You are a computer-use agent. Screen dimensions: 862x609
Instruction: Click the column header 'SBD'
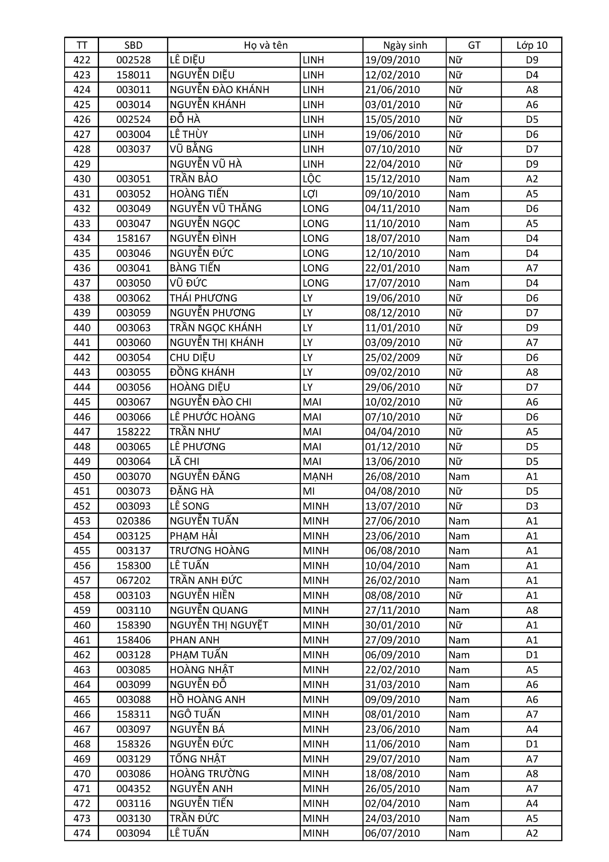coord(133,45)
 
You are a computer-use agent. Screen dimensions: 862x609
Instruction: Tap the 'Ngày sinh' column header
coord(405,45)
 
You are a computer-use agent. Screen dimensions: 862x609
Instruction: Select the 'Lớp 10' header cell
coord(531,45)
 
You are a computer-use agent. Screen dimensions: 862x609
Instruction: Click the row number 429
coord(82,164)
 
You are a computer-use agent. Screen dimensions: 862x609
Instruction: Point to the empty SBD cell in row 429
coord(133,164)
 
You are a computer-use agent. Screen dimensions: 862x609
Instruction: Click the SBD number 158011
coord(134,75)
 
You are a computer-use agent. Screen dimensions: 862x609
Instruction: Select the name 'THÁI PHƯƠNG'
coord(203,298)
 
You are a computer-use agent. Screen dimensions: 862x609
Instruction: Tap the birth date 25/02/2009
coord(392,358)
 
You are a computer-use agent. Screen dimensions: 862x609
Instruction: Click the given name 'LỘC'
coord(311,179)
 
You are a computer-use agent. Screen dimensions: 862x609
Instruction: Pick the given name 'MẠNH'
coord(317,476)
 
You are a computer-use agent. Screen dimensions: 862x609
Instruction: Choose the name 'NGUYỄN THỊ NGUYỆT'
coord(219,625)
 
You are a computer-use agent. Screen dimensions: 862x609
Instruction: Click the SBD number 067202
coord(134,581)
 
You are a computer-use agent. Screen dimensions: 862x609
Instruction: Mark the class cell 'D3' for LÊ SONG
coord(532,506)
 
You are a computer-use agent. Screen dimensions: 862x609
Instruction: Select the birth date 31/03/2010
coord(392,684)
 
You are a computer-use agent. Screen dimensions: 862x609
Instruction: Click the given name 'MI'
coord(309,491)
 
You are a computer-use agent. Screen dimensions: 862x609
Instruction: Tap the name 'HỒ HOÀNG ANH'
coord(207,700)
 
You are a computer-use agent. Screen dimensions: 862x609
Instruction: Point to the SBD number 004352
coord(134,789)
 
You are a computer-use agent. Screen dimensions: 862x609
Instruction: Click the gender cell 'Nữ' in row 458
coord(455,595)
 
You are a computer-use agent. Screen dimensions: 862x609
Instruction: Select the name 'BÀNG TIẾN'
coord(195,268)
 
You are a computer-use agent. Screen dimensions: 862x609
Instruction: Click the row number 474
coord(82,833)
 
